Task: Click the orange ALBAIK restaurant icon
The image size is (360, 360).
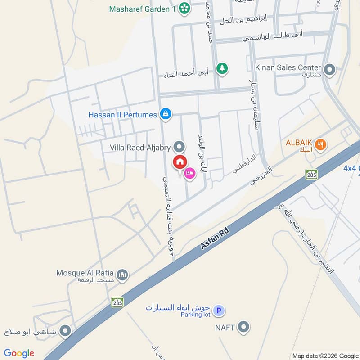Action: [x=321, y=144]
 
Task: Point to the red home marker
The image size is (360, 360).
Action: [x=180, y=162]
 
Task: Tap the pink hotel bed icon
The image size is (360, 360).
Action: [x=190, y=173]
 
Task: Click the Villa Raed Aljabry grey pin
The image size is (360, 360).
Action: [x=179, y=147]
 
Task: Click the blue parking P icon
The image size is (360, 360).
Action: [x=219, y=310]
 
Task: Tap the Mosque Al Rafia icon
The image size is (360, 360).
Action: [x=122, y=274]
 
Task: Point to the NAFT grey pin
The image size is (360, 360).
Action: [x=243, y=327]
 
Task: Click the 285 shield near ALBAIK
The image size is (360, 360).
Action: [x=311, y=174]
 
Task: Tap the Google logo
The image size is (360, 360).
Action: [x=19, y=353]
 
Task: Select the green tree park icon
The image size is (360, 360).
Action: [x=221, y=68]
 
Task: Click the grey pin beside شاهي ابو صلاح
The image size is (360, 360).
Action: [x=66, y=332]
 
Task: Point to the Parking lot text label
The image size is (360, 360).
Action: [x=196, y=315]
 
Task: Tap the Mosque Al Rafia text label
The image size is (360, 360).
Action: [x=85, y=273]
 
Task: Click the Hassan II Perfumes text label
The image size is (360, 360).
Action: [x=122, y=115]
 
